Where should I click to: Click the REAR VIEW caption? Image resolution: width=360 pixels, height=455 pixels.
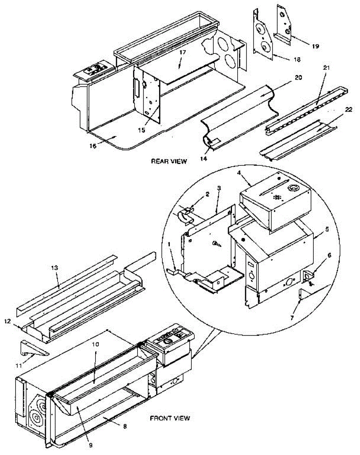pos(169,161)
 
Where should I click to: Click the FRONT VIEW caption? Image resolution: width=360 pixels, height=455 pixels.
pos(170,419)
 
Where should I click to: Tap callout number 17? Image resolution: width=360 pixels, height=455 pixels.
pos(183,53)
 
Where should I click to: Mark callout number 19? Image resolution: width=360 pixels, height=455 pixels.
pos(315,46)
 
